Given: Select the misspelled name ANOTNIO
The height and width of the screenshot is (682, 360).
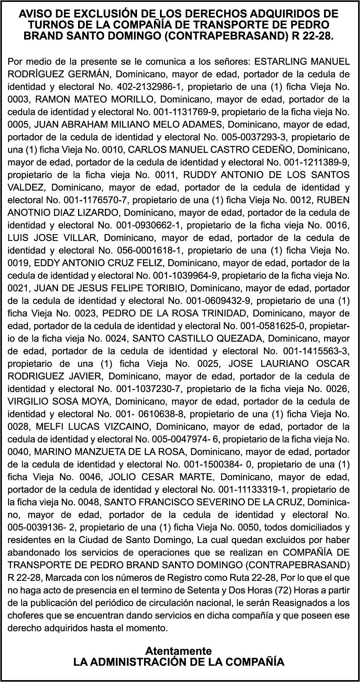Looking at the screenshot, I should tap(27, 213).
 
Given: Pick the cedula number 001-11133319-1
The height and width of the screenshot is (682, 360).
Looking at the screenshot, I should tap(252, 489).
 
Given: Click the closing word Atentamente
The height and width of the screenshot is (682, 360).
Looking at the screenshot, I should tap(179, 651).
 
